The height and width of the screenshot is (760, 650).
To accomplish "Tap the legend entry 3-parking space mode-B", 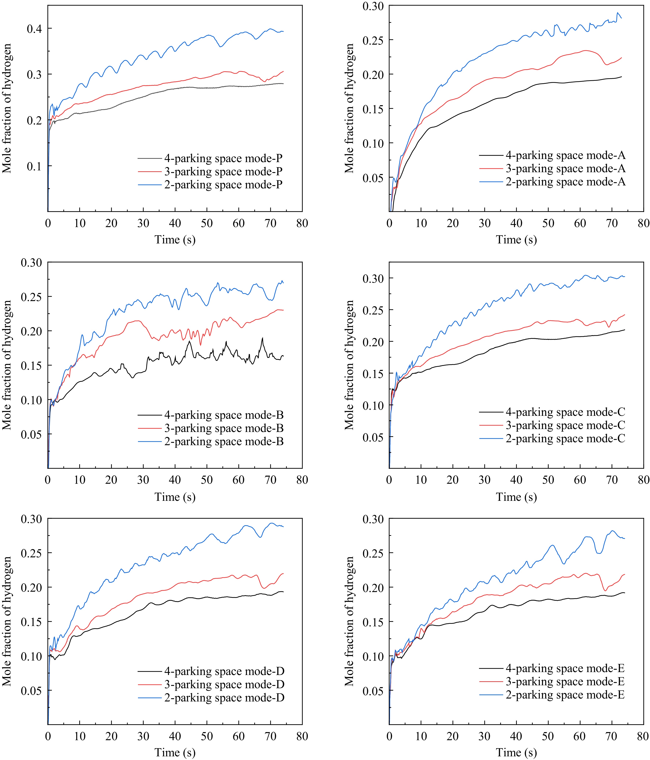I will pyautogui.click(x=224, y=428).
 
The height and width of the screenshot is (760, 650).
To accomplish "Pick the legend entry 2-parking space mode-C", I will pyautogui.click(x=565, y=438).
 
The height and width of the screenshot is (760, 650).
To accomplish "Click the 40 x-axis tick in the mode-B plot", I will pyautogui.click(x=175, y=480).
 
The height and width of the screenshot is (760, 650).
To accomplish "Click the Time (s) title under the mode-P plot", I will pyautogui.click(x=175, y=240).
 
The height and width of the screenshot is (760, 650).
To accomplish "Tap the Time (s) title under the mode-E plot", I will pyautogui.click(x=516, y=752).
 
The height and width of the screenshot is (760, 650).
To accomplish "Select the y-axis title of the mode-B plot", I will pyautogui.click(x=7, y=365).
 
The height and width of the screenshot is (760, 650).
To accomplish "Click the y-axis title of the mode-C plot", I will pyautogui.click(x=349, y=365).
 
